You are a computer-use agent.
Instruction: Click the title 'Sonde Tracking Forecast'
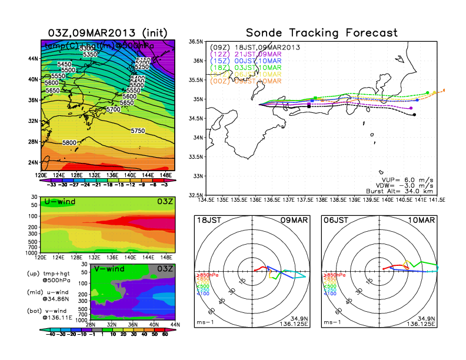(x=321, y=32)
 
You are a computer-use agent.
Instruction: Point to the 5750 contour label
(x=138, y=131)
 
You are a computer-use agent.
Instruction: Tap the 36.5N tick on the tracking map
(x=196, y=42)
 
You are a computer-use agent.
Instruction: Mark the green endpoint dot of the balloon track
(x=427, y=93)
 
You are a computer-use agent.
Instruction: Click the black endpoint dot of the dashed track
(x=415, y=115)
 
